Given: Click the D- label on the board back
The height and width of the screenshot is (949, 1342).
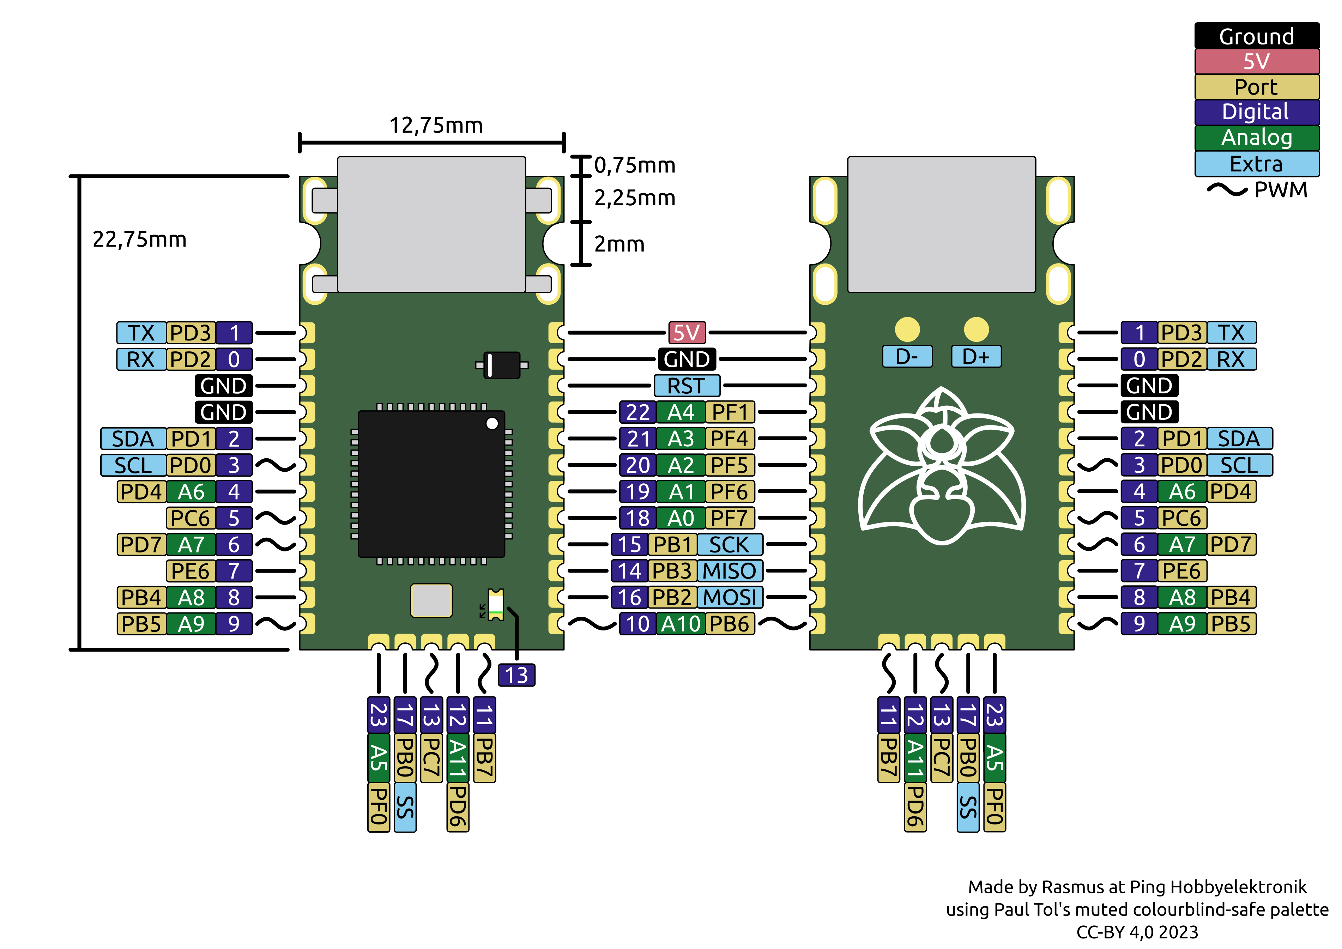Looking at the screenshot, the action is pyautogui.click(x=907, y=356).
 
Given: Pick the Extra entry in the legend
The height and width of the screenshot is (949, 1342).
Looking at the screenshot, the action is pyautogui.click(x=1257, y=164).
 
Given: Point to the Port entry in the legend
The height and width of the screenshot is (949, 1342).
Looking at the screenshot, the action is pyautogui.click(x=1257, y=86).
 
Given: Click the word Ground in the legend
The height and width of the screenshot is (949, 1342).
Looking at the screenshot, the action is pyautogui.click(x=1257, y=36).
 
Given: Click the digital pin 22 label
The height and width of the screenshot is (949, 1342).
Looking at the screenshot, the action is pyautogui.click(x=638, y=412).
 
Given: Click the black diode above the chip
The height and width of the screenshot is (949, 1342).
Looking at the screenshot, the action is pyautogui.click(x=502, y=365).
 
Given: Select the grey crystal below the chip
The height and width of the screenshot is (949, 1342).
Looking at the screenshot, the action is pyautogui.click(x=431, y=600).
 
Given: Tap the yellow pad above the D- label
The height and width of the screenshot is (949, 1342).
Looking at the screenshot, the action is pyautogui.click(x=907, y=329).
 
